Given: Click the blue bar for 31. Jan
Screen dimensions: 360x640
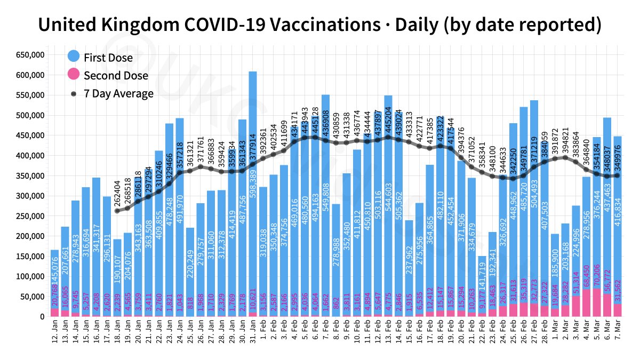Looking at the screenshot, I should pyautogui.click(x=253, y=160).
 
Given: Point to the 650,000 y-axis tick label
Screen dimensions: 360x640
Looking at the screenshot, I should pyautogui.click(x=30, y=55).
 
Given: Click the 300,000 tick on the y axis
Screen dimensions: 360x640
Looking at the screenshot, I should pyautogui.click(x=30, y=196).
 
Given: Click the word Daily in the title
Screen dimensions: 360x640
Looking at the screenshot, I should pyautogui.click(x=419, y=25).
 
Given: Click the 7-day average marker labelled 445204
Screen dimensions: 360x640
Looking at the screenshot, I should pyautogui.click(x=388, y=138).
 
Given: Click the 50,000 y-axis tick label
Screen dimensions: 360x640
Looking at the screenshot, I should pyautogui.click(x=33, y=297).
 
